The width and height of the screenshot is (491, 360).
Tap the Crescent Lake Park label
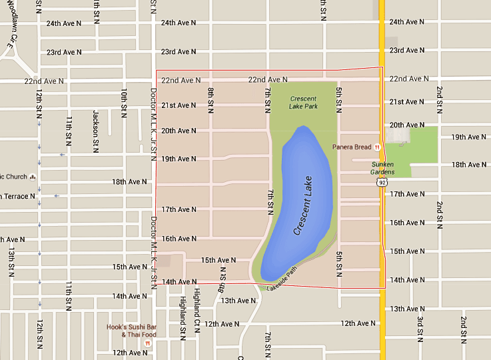[x=304, y=103]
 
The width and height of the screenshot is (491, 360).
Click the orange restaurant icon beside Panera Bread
[x=377, y=147]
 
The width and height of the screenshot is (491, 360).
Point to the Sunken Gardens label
[x=382, y=167]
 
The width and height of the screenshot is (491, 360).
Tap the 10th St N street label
[x=124, y=102]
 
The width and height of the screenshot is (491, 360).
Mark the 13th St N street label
[x=11, y=263]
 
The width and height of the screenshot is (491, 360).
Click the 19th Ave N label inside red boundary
[x=179, y=159]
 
